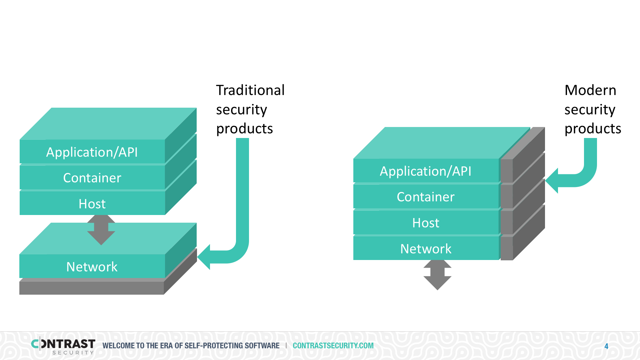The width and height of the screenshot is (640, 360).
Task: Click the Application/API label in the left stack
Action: [x=92, y=152]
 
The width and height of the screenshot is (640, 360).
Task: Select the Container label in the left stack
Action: [x=92, y=178]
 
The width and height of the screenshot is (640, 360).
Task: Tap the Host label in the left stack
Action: [x=92, y=204]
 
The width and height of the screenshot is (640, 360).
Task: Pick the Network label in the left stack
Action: [x=92, y=267]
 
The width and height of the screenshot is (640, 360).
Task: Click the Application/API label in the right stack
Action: [x=426, y=171]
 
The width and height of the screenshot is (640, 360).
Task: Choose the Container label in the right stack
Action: [x=426, y=197]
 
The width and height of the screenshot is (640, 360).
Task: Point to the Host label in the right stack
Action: [x=426, y=223]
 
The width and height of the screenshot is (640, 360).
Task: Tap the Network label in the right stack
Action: [x=426, y=249]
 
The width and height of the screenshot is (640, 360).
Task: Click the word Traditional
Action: [x=250, y=90]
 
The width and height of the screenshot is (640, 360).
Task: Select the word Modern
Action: [x=590, y=90]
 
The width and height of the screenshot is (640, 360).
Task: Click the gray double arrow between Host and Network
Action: [x=101, y=230]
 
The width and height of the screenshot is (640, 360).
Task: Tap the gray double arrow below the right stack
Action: [x=437, y=275]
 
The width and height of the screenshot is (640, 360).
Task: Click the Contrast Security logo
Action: [x=63, y=346]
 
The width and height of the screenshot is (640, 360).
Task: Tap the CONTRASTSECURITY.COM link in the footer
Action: [x=333, y=346]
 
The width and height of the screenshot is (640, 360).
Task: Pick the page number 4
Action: [x=606, y=346]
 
